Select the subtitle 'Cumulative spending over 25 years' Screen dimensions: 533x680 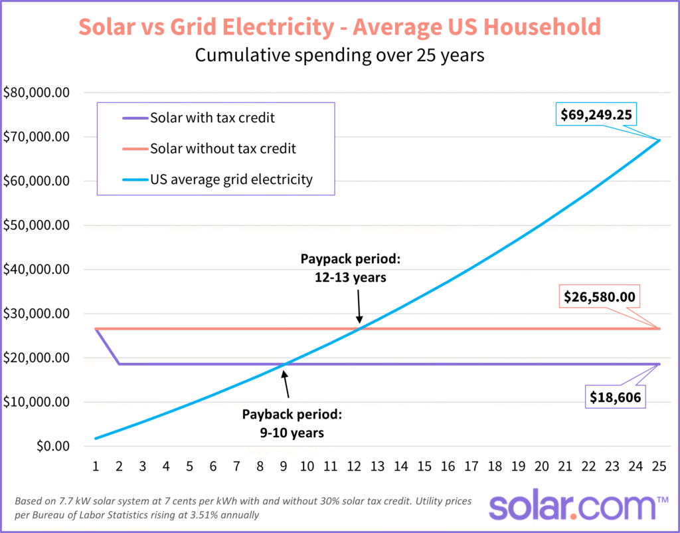[x=339, y=55]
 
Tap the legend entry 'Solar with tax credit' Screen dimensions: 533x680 [x=212, y=118]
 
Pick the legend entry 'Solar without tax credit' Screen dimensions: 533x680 [x=222, y=149]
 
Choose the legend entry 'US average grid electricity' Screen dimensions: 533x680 [x=231, y=179]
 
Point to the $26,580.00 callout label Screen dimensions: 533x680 [x=599, y=296]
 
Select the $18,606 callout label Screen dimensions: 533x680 [x=615, y=397]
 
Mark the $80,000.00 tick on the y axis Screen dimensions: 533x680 [x=37, y=93]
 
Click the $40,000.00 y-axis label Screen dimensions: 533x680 [x=37, y=270]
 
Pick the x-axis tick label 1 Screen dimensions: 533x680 [x=96, y=466]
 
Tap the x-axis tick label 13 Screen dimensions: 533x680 [x=377, y=466]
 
